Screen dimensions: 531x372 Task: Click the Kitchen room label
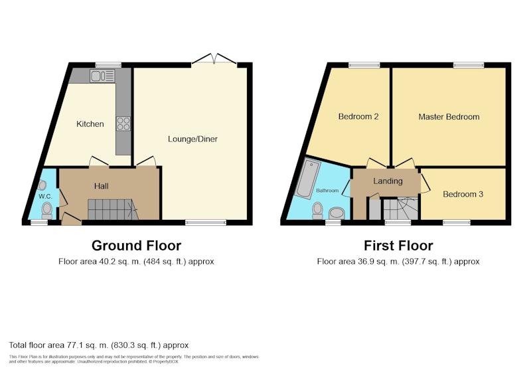[x=90, y=124]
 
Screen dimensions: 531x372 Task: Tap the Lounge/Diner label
[x=192, y=139]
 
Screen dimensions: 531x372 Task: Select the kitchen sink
[x=102, y=76]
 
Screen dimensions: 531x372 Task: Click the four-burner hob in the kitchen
[x=123, y=124]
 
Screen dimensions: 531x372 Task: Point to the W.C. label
[x=45, y=197]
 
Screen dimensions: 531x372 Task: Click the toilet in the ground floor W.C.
[x=46, y=211]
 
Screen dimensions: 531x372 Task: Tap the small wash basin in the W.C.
[x=42, y=185]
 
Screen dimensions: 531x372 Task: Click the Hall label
[x=102, y=186]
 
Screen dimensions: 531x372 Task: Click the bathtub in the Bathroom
[x=307, y=179]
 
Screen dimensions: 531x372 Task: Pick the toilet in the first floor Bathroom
[x=318, y=211]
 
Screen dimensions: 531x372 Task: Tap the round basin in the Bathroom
[x=337, y=213]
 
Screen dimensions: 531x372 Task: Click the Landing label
[x=388, y=181]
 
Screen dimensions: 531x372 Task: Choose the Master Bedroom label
[x=449, y=117]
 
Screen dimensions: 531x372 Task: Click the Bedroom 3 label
[x=463, y=194]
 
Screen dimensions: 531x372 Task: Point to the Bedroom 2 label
[x=358, y=116]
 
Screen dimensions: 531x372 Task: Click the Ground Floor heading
[x=136, y=246]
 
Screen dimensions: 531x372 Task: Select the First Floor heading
[x=398, y=246]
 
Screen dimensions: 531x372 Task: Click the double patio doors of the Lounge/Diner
[x=214, y=59]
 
